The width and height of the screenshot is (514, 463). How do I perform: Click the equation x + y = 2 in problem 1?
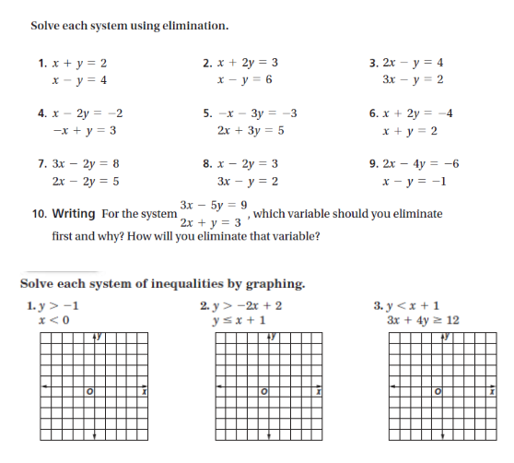coord(81,64)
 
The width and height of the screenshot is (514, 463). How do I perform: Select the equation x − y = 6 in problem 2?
coord(244,80)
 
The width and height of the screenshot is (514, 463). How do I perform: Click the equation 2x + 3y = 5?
coord(244,131)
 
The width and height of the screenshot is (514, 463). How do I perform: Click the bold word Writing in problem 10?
coord(74,214)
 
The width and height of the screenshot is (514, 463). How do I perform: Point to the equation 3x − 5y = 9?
coord(214,204)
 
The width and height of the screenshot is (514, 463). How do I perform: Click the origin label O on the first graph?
coord(90,395)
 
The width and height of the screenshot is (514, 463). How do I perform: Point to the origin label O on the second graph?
coord(263,395)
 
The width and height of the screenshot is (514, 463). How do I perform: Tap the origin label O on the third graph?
coord(438,395)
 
